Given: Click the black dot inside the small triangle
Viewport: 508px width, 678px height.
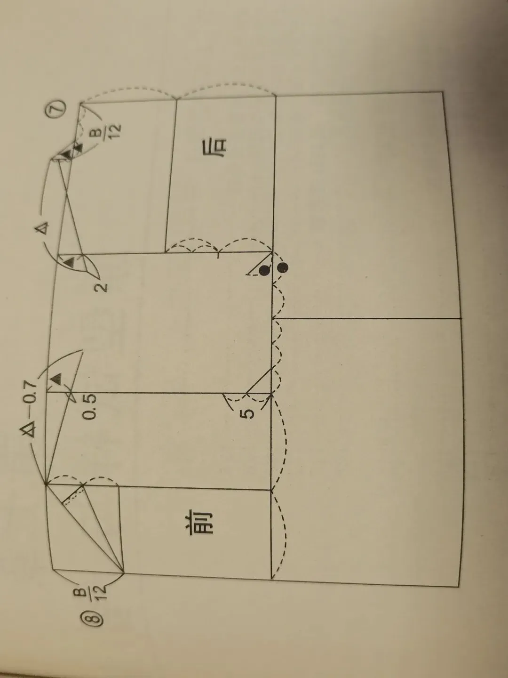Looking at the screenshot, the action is [265, 271].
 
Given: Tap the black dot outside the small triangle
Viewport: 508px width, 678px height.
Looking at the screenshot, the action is [282, 267].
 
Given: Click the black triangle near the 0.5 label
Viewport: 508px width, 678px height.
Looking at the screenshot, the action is [56, 377].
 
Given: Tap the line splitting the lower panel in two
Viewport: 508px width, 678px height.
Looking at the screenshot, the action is [367, 318].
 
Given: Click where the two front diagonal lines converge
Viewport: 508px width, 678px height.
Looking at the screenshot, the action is [123, 573].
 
